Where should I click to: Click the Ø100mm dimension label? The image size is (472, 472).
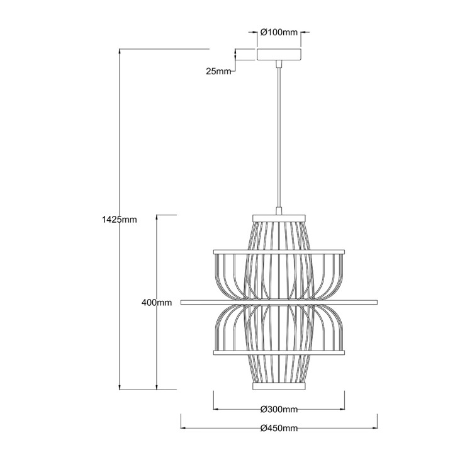coord(279,32)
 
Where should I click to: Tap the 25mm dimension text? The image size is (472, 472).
coord(218,71)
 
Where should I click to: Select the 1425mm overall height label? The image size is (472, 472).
coord(118,220)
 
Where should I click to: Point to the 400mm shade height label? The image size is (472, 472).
coord(157,303)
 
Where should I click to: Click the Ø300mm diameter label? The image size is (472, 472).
coord(279,410)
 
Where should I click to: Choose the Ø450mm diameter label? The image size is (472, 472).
coord(279,429)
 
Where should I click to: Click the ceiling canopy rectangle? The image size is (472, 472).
coord(279,55)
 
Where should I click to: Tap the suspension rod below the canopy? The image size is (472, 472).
coord(279,138)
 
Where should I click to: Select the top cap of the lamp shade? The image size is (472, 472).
coord(279,218)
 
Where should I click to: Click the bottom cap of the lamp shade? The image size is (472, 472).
coord(279,386)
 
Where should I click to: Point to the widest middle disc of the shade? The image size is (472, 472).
coord(279,303)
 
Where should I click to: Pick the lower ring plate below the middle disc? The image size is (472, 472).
coord(279,352)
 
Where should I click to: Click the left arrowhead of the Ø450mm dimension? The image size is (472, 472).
coord(184,429)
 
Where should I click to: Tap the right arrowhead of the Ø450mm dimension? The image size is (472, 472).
coord(374,429)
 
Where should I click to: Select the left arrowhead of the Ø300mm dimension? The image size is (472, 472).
coord(216,410)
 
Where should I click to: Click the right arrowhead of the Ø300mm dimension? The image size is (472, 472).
coord(342,410)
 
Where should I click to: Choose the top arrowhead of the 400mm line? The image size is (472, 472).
coord(157,217)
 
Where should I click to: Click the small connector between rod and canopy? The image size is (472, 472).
coord(279,63)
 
